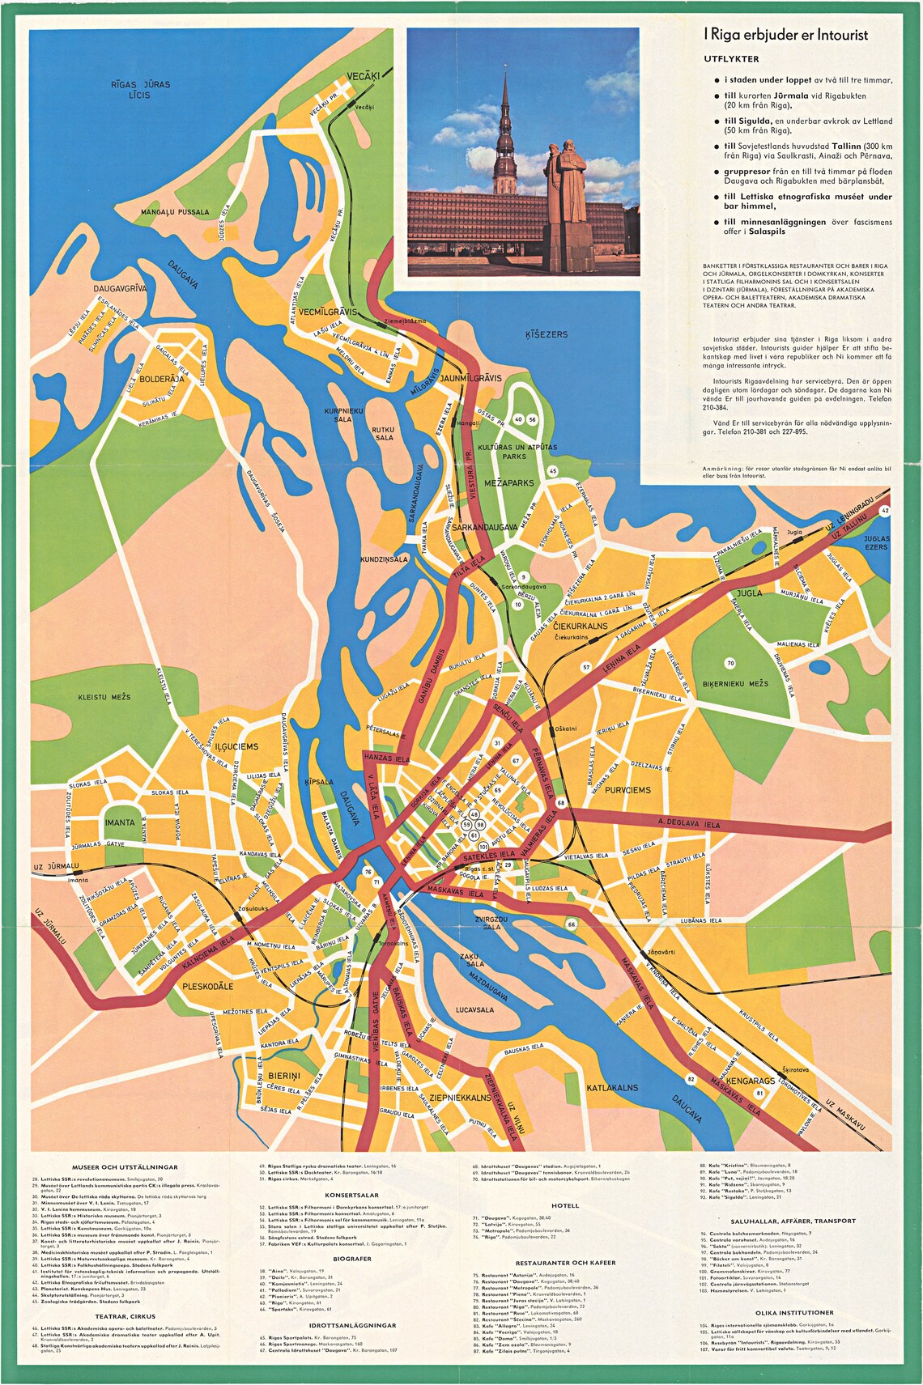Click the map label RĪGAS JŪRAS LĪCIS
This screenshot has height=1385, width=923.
point(141,89)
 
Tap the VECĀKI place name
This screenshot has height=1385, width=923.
point(363,76)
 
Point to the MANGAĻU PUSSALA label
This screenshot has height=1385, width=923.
point(175,212)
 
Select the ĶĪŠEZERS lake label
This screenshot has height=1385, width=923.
point(547,334)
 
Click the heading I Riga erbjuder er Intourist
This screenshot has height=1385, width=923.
point(785,35)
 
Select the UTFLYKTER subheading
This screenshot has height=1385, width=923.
point(731,59)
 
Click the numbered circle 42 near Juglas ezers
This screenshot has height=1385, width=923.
point(885,511)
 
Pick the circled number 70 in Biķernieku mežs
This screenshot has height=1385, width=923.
point(730,663)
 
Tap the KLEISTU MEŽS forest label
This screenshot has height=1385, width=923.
point(104,697)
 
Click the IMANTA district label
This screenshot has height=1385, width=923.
point(120,822)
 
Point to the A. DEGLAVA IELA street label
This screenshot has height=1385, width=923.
point(689,824)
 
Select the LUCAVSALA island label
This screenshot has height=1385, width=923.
point(474,1009)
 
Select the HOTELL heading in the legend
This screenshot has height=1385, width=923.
point(565,1206)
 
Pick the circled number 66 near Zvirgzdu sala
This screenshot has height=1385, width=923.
point(572,924)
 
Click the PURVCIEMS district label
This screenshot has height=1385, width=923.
point(627,789)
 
